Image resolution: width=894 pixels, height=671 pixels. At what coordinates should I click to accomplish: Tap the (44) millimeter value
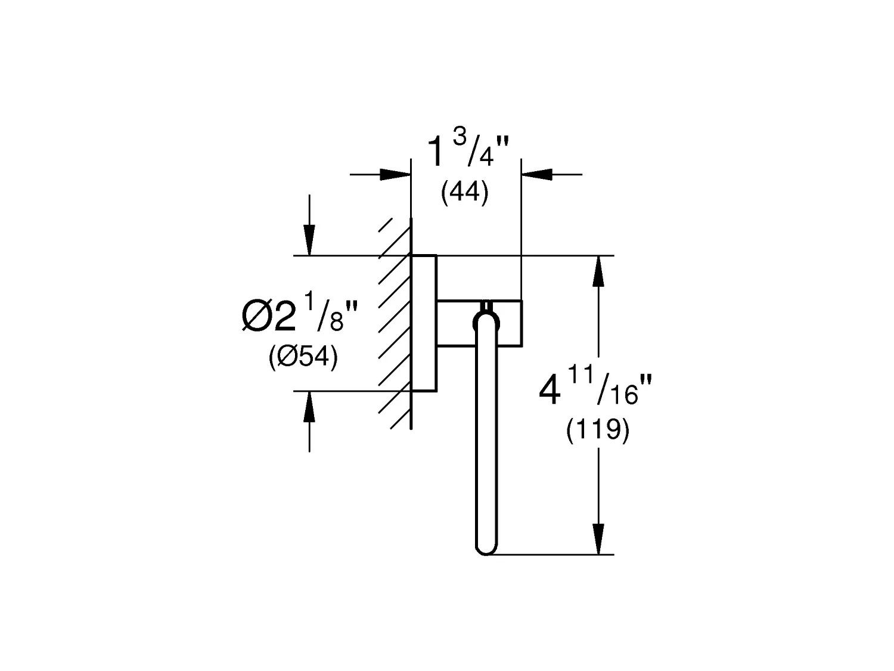465,194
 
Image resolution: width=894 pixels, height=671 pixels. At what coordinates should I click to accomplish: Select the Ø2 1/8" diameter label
300,317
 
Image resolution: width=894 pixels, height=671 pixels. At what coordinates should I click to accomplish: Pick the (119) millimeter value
597,431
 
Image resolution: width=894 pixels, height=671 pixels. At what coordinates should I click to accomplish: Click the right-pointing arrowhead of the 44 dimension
396,174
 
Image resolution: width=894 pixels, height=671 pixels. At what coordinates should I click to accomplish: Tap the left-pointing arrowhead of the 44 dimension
536,174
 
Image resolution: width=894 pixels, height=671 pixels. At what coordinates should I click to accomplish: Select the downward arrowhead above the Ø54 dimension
309,241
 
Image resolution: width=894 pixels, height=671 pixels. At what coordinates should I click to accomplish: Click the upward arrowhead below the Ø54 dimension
309,407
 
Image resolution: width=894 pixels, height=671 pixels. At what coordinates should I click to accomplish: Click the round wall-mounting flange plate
424,323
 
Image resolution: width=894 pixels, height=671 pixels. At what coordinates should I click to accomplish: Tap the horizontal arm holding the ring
480,322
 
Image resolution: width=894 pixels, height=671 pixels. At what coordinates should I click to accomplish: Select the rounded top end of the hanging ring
486,321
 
